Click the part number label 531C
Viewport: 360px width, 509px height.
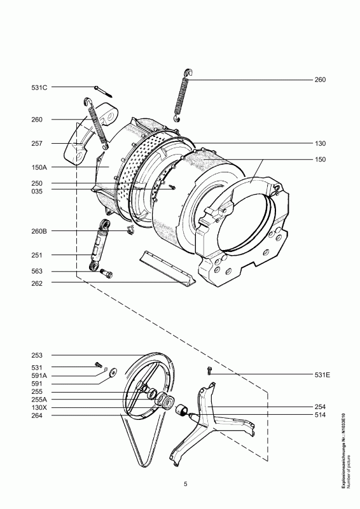tap(39, 87)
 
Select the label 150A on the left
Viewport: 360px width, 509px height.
tap(39, 167)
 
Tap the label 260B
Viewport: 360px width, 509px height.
tap(39, 231)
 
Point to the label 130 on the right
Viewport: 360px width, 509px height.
tap(320, 143)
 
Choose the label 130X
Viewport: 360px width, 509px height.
tap(39, 408)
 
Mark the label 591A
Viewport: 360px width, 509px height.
tap(39, 375)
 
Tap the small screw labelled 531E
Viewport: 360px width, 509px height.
tap(209, 370)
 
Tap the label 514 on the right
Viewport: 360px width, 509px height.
tap(320, 415)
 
